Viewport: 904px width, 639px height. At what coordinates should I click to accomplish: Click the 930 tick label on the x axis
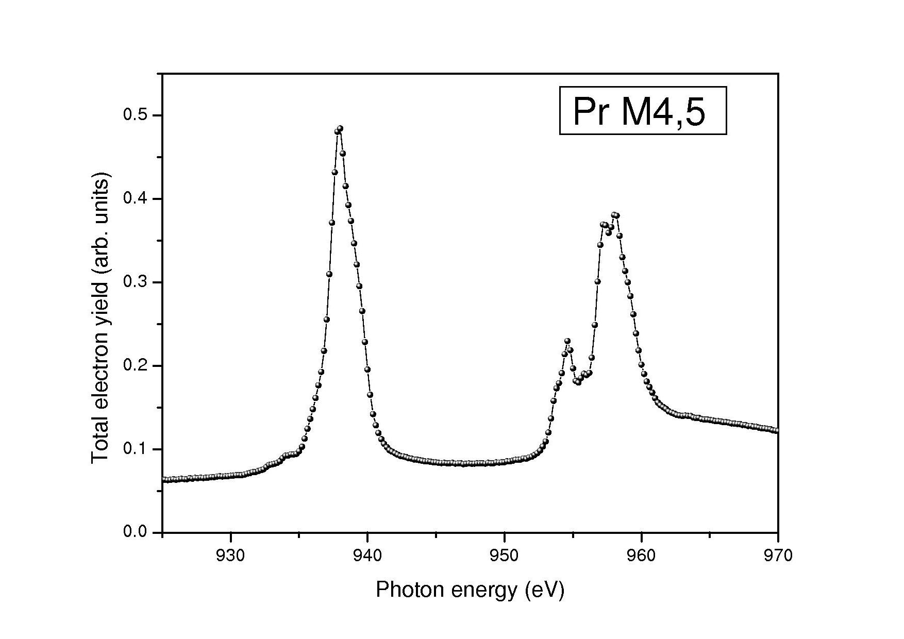pos(230,556)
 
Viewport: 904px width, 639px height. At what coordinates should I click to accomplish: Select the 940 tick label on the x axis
pos(367,556)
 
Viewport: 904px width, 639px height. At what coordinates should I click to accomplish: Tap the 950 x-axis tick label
pos(505,556)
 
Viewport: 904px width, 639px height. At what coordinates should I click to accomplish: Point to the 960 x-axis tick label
pos(641,556)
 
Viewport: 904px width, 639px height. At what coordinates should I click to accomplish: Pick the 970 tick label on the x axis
pos(778,556)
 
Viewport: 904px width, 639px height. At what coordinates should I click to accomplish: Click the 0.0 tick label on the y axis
pos(135,532)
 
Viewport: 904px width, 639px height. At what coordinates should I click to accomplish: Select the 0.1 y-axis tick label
pos(135,449)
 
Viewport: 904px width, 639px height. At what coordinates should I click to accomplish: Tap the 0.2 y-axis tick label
pos(135,365)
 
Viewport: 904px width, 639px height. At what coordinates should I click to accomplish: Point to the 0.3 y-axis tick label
pos(135,282)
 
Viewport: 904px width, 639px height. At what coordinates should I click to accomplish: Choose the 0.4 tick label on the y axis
pos(135,198)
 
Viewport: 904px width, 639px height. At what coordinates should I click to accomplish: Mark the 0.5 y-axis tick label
pos(135,115)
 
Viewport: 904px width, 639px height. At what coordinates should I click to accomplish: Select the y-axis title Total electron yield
pos(101,320)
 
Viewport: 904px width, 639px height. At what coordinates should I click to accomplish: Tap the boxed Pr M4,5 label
pos(643,111)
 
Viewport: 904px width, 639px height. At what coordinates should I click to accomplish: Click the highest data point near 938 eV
pos(340,128)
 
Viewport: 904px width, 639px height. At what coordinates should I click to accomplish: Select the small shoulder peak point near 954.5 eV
pos(567,341)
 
